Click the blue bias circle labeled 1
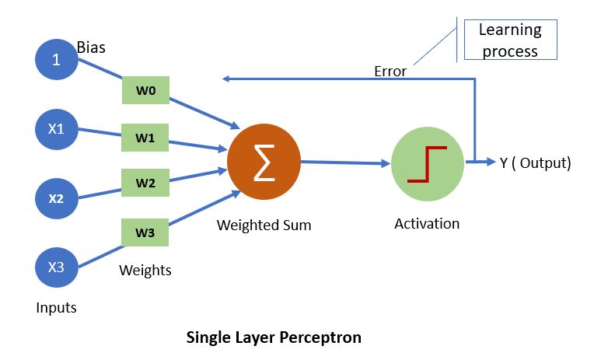click(x=56, y=59)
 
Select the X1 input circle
click(x=56, y=128)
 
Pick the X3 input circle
click(x=56, y=267)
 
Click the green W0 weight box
click(x=145, y=91)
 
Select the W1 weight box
click(x=145, y=138)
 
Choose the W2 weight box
click(x=145, y=183)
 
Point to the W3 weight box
click(x=145, y=231)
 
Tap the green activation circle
click(x=427, y=164)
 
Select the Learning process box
click(x=510, y=40)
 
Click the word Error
click(x=390, y=71)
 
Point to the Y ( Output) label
click(x=535, y=163)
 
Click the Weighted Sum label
click(x=264, y=225)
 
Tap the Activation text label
click(x=427, y=224)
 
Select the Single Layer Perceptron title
click(x=274, y=338)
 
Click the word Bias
click(x=91, y=47)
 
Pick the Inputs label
click(x=57, y=307)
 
